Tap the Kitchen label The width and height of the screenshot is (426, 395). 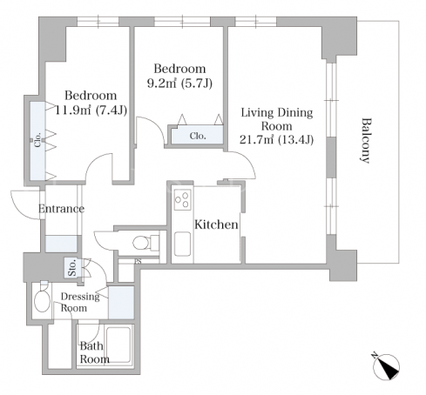pyautogui.click(x=216, y=224)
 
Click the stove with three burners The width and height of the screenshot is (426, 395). pyautogui.click(x=183, y=199)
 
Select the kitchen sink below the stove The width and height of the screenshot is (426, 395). pyautogui.click(x=182, y=244)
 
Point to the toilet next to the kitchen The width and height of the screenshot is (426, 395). pyautogui.click(x=145, y=242)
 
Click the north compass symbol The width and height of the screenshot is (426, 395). pyautogui.click(x=386, y=366)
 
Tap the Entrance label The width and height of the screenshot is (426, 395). pyautogui.click(x=61, y=209)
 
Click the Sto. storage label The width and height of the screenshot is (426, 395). pyautogui.click(x=71, y=267)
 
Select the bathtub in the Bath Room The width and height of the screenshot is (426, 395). pyautogui.click(x=118, y=345)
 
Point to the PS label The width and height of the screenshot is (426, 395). pyautogui.click(x=138, y=262)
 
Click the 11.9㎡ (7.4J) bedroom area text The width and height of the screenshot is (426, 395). pyautogui.click(x=91, y=110)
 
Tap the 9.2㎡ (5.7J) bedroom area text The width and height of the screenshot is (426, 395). pyautogui.click(x=179, y=84)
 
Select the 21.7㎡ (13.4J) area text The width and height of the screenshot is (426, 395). pyautogui.click(x=276, y=140)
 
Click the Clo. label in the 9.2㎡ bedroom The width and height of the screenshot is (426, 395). pyautogui.click(x=198, y=136)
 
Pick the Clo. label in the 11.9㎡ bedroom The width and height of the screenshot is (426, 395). pyautogui.click(x=37, y=140)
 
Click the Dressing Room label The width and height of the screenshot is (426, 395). pyautogui.click(x=80, y=302)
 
